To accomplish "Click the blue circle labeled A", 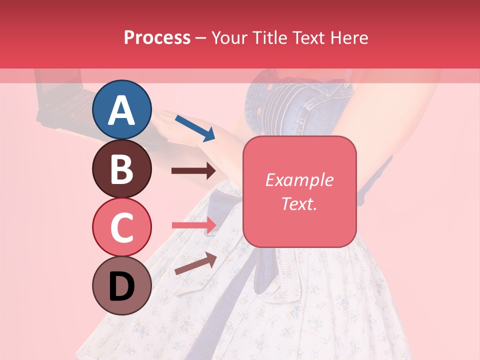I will coord(121,110).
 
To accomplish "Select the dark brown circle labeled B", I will coord(121,168).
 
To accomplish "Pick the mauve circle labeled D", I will coord(121,285).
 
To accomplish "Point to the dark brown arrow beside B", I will coord(193,171).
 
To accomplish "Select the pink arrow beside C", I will coord(194,225).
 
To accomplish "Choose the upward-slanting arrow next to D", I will coord(195,263).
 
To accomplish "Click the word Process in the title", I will coord(157,38).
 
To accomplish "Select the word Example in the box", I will coord(299,180).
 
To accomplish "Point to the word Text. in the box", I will coord(299,204).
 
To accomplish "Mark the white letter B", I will coord(121,168).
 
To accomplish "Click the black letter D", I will coord(121,286).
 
